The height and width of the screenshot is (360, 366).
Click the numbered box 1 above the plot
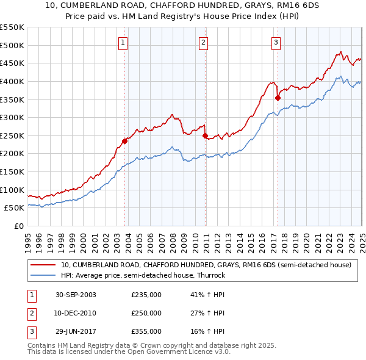(x=123, y=43)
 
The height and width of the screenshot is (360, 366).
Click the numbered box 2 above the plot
(x=203, y=43)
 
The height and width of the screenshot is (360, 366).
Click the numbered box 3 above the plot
(x=276, y=43)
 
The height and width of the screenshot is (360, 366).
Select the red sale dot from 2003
(x=124, y=141)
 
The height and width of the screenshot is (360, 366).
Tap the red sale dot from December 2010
(x=205, y=135)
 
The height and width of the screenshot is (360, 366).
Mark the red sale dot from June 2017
(x=278, y=98)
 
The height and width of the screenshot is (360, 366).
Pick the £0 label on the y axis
(x=18, y=226)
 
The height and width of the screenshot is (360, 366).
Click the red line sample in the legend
(x=44, y=265)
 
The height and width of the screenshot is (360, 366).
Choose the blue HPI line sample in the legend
(x=44, y=275)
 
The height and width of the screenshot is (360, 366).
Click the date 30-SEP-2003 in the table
(x=76, y=295)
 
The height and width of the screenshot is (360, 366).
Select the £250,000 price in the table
(x=146, y=313)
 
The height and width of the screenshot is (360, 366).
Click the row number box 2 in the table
(x=31, y=313)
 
